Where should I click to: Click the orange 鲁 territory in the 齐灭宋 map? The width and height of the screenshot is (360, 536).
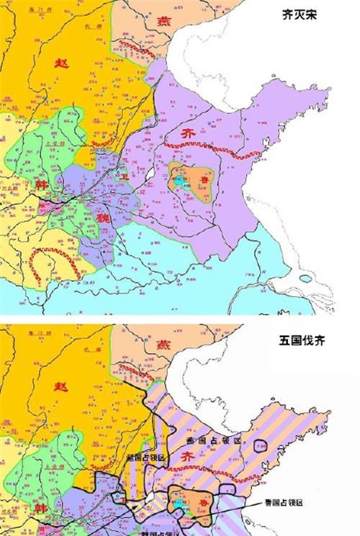194,180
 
